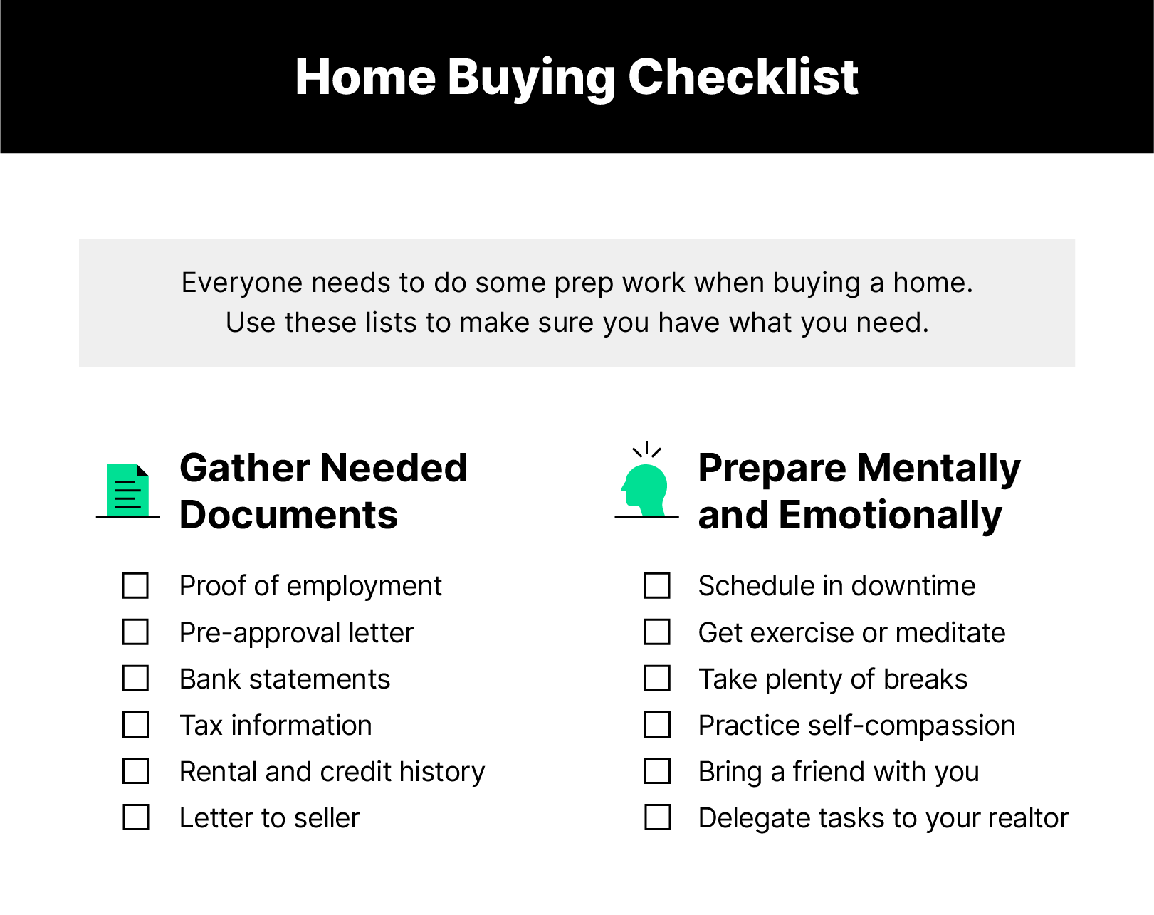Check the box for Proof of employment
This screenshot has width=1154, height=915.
coord(135,586)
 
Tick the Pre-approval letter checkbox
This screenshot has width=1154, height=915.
coord(135,632)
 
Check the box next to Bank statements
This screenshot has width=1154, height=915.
coord(135,679)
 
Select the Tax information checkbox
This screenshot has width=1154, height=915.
coord(135,725)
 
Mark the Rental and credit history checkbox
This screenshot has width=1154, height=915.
coord(135,771)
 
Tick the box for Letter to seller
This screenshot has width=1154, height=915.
coord(135,817)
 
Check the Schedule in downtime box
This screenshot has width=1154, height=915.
coord(657,586)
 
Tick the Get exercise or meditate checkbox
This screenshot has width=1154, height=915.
coord(657,632)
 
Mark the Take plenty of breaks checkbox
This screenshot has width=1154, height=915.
coord(657,679)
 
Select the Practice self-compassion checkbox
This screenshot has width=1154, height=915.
coord(657,725)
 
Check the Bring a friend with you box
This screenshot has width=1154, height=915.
coord(657,771)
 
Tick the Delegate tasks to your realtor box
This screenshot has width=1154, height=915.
coord(657,817)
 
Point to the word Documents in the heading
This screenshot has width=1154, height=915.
coord(288,515)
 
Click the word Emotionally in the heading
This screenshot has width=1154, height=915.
coord(890,515)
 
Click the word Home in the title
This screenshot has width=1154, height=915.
coord(365,77)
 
